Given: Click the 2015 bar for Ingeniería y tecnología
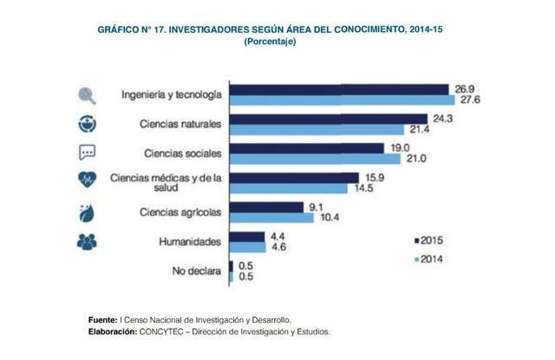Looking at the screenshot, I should (x=338, y=88).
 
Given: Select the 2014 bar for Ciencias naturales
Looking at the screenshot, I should (x=317, y=128).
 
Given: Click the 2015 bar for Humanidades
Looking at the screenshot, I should (x=246, y=237).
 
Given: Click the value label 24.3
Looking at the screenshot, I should (x=441, y=118).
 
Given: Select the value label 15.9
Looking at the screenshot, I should (x=371, y=178).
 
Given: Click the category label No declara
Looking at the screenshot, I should (x=193, y=272).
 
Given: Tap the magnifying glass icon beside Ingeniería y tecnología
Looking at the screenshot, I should (x=87, y=94).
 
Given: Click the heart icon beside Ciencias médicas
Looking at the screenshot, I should (x=87, y=180).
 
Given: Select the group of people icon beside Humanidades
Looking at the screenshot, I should (x=87, y=242).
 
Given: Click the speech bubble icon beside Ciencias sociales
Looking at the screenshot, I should (x=87, y=153).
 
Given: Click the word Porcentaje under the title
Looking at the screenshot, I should (x=271, y=42).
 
